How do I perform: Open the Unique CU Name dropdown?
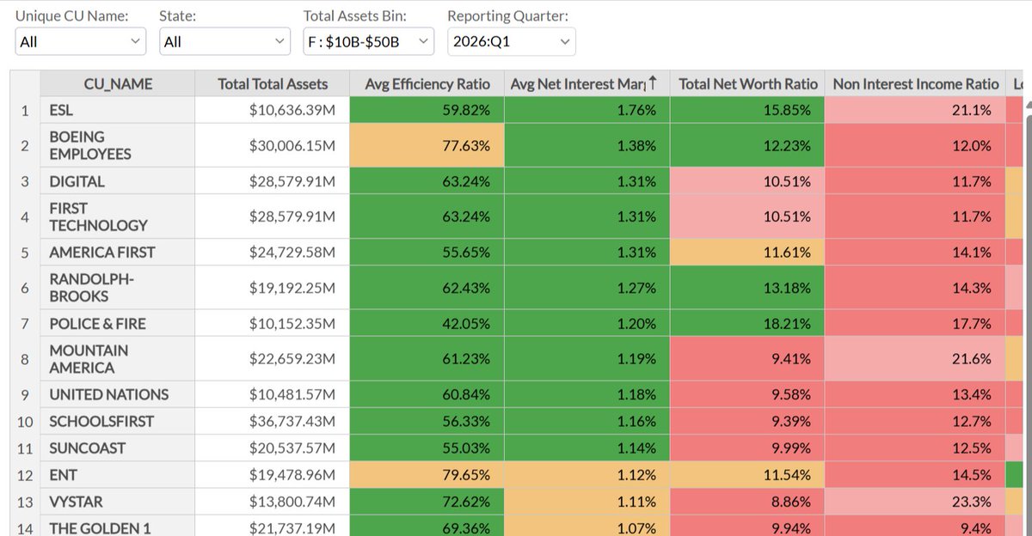81,41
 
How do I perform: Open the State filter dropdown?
224,41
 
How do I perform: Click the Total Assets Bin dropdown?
369,41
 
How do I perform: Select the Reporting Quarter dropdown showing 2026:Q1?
512,41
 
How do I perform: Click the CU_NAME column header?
118,83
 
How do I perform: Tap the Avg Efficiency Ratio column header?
427,83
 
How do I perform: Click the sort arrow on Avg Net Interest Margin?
653,82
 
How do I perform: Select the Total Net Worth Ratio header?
747,83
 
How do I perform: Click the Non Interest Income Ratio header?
915,83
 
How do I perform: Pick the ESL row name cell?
118,110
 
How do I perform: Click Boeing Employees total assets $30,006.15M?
273,145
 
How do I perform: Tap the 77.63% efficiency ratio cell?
427,145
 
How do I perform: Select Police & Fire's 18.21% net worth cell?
747,324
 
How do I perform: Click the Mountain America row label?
118,359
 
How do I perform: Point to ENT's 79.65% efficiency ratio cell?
427,475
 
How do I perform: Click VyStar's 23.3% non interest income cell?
915,502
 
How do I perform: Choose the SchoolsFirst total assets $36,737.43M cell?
273,421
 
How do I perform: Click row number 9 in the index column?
25,395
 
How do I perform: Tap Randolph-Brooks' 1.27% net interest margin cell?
587,288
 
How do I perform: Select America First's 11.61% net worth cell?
747,253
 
